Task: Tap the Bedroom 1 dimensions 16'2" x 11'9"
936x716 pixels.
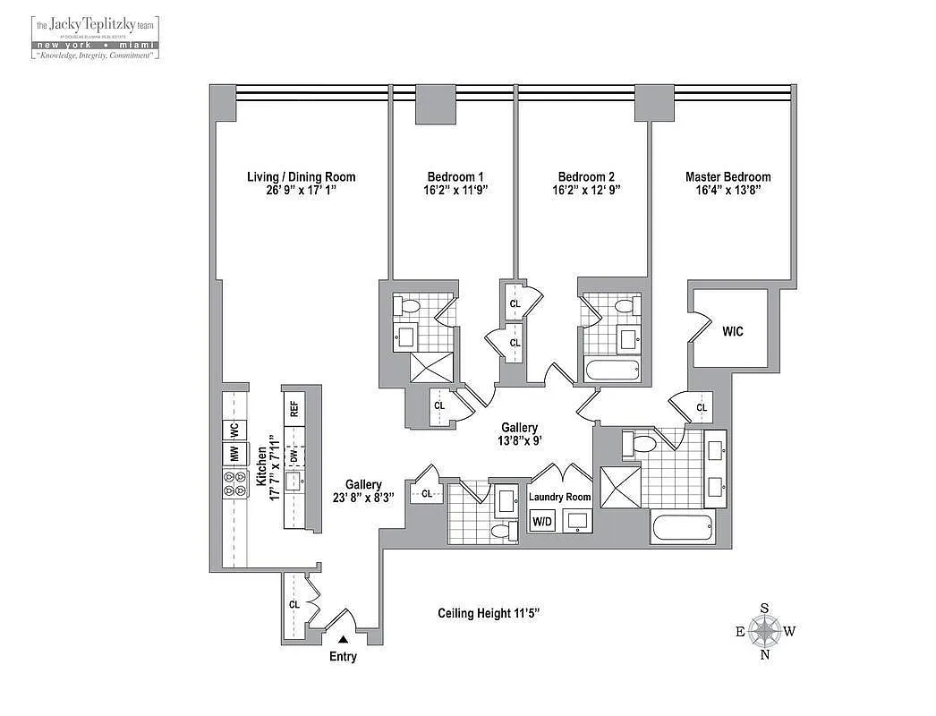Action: click(x=455, y=191)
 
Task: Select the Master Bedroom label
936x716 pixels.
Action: click(x=728, y=176)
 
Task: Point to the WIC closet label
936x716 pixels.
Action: click(x=732, y=331)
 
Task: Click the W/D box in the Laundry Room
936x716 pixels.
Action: click(x=542, y=520)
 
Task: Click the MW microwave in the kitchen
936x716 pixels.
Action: click(x=234, y=454)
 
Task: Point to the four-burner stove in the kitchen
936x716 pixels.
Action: click(x=234, y=484)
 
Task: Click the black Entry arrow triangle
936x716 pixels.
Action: click(x=342, y=639)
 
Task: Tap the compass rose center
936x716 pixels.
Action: click(x=764, y=632)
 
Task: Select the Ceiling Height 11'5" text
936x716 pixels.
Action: click(x=489, y=613)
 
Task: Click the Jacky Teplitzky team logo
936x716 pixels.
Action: click(x=95, y=36)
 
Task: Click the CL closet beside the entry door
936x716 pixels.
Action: click(x=294, y=605)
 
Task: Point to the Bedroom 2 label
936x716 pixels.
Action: click(x=586, y=176)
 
